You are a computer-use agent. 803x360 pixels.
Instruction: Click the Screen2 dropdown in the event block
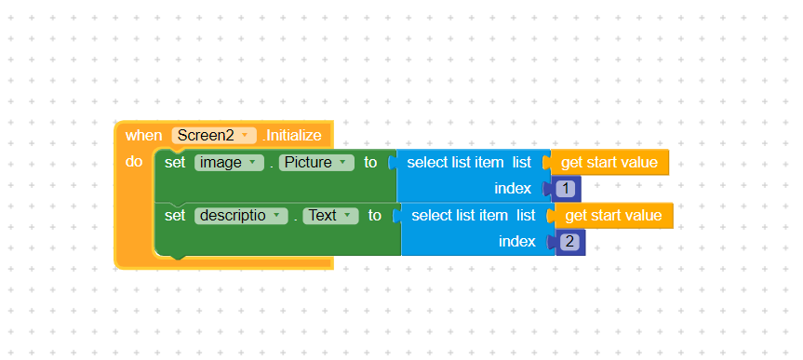coord(214,135)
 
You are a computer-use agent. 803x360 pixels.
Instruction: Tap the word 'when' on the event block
coord(144,136)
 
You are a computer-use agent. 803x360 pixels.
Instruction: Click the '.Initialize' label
coord(292,136)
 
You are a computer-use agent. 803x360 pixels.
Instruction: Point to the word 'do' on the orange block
coord(134,162)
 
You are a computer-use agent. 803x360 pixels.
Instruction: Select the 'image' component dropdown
coord(229,163)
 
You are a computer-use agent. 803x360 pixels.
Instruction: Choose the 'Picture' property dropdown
coord(316,163)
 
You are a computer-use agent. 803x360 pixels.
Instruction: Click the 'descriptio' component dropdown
coord(241,216)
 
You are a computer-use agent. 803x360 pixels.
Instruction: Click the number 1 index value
coord(566,189)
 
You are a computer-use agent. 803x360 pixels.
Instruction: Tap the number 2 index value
coord(569,242)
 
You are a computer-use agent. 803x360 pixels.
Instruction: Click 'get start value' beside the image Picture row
coord(609,163)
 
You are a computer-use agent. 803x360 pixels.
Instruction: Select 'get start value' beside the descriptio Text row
coord(613,216)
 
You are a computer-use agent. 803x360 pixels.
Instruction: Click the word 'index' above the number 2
coord(516,241)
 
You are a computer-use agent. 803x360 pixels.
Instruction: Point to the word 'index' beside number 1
coord(513,189)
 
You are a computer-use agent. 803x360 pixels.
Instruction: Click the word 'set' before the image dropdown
coord(175,163)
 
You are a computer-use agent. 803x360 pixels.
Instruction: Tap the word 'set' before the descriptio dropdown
coord(175,216)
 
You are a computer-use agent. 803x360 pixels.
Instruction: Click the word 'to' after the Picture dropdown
coord(370,163)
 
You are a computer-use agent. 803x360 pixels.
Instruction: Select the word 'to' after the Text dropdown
coord(375,216)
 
